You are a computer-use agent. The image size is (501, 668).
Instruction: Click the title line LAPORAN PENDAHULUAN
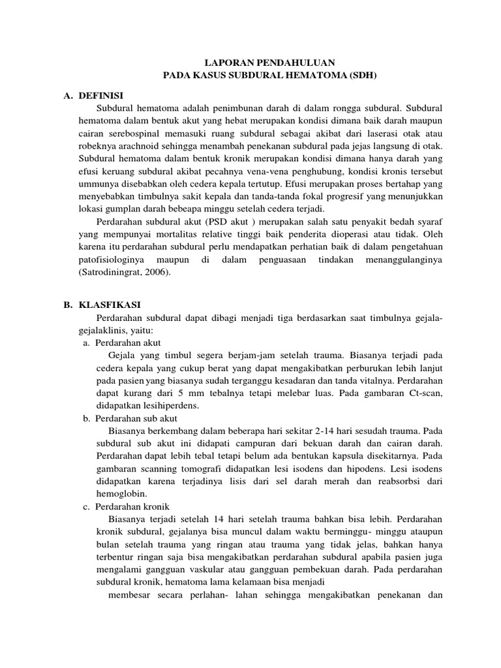[x=269, y=63]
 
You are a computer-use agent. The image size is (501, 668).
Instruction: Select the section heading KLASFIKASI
[x=108, y=305]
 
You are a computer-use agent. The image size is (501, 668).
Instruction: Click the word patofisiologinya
[x=116, y=260]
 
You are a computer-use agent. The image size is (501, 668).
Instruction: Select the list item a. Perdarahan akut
[x=122, y=342]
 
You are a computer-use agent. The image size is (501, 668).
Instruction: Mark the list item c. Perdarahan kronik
[x=125, y=506]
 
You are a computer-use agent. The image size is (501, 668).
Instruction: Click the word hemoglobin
[x=115, y=494]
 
